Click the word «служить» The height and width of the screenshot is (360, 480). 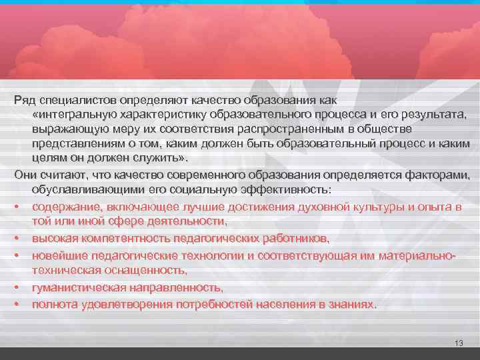click(x=159, y=159)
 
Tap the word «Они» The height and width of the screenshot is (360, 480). click(x=25, y=175)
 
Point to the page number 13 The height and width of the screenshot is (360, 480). click(x=457, y=343)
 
